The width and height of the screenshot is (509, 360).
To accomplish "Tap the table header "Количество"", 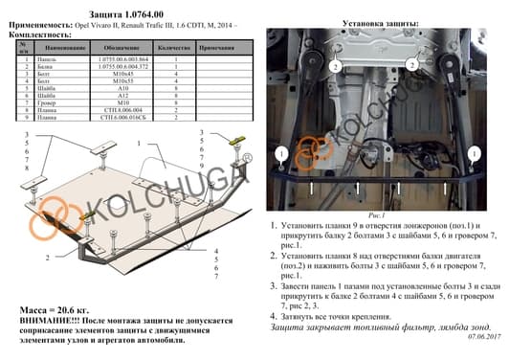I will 175,47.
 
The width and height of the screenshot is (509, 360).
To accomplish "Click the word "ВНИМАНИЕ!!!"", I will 39,323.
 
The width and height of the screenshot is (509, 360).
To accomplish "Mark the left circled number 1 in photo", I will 280,154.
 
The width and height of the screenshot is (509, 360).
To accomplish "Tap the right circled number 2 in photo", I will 410,65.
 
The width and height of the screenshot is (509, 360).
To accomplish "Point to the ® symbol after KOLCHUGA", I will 247,159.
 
